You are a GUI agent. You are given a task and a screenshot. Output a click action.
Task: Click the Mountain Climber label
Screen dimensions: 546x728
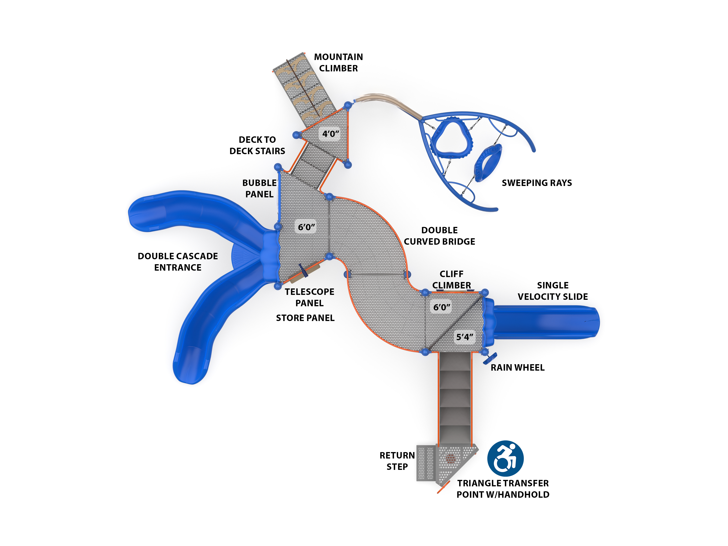(338, 62)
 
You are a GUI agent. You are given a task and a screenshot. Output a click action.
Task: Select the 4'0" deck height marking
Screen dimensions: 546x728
(330, 134)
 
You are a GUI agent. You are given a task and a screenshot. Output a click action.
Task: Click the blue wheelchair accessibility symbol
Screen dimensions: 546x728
(505, 458)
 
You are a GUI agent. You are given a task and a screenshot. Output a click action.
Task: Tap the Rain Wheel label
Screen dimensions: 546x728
(517, 368)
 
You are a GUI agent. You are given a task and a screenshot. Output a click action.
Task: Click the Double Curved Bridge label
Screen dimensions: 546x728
(439, 236)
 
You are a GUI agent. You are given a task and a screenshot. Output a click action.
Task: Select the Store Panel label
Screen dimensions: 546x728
(305, 318)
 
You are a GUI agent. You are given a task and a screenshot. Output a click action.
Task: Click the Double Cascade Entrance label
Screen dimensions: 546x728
(178, 262)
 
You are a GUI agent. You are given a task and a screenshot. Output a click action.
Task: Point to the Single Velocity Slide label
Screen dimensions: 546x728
(553, 291)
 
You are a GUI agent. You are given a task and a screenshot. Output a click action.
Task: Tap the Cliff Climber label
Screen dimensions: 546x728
(452, 279)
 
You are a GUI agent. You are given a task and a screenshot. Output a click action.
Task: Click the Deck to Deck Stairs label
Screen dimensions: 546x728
(257, 145)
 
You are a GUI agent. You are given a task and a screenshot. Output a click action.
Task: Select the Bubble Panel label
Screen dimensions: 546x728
(259, 188)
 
